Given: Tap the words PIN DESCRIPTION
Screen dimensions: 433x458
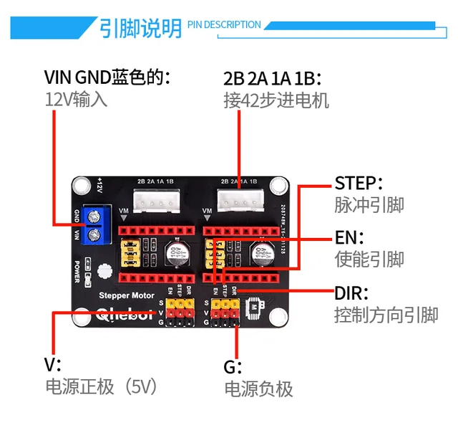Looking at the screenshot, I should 224,25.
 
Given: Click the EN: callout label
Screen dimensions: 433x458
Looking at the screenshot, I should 350,237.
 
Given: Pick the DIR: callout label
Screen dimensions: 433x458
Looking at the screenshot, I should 351,292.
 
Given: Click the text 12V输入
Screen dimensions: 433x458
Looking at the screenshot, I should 77,99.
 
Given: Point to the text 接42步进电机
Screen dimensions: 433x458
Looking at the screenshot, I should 276,100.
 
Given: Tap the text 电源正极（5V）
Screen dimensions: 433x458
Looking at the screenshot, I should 101,386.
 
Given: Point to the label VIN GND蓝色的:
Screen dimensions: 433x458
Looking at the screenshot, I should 109,77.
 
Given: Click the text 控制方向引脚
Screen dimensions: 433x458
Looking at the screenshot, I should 386,315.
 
